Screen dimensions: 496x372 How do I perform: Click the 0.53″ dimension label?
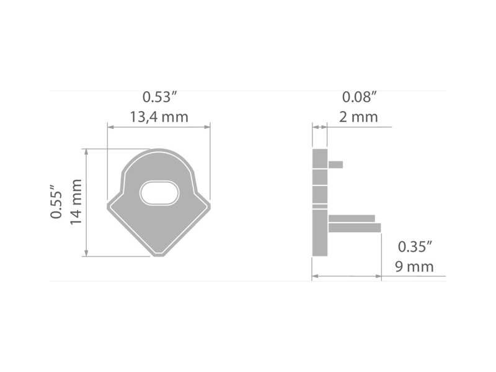(x=159, y=97)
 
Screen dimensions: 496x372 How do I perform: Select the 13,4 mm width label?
(x=159, y=117)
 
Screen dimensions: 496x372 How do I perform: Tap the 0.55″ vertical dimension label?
(x=56, y=200)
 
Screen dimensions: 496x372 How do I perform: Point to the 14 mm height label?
(x=76, y=202)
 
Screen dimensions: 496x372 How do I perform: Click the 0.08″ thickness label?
(x=360, y=97)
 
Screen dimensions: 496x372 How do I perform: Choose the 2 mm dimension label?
(x=359, y=117)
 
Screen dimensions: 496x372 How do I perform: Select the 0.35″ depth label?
(x=415, y=247)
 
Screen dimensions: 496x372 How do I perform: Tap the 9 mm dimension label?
(x=414, y=267)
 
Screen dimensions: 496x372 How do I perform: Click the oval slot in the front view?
(x=159, y=193)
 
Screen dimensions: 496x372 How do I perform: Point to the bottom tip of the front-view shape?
(x=159, y=255)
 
